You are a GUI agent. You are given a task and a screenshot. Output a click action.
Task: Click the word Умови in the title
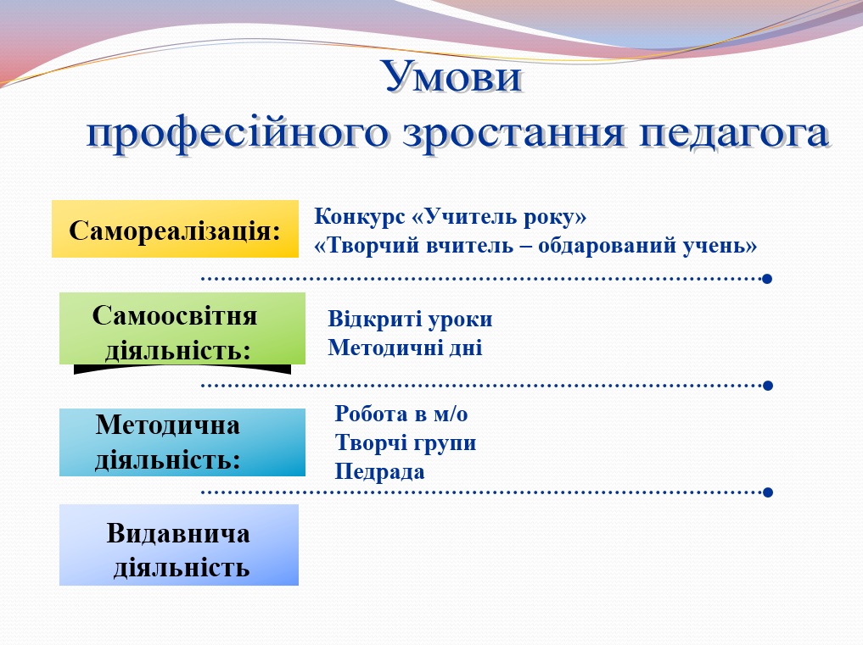click(x=451, y=78)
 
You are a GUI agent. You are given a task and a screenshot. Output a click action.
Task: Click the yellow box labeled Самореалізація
click(x=175, y=230)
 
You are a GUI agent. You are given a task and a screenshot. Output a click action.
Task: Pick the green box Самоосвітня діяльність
click(x=182, y=329)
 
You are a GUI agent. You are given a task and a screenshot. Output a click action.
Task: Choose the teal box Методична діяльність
click(x=182, y=442)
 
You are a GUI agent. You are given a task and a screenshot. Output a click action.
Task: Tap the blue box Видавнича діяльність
click(x=178, y=546)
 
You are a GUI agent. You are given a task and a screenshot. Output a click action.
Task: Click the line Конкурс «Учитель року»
click(x=451, y=217)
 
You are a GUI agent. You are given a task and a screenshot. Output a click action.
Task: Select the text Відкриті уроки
click(x=410, y=320)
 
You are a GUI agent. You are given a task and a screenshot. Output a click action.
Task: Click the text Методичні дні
click(x=405, y=348)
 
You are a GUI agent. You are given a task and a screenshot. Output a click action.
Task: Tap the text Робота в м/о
click(x=401, y=414)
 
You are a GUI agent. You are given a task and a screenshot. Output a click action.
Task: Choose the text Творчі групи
click(x=406, y=443)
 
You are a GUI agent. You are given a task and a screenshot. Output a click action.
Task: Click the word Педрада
click(x=379, y=472)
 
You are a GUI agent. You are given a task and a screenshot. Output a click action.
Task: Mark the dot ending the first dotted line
click(x=767, y=278)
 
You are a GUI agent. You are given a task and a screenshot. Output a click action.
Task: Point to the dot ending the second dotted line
click(x=767, y=385)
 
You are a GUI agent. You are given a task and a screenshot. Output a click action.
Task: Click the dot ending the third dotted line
click(x=767, y=492)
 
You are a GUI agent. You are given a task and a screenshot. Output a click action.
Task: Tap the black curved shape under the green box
click(x=182, y=369)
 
